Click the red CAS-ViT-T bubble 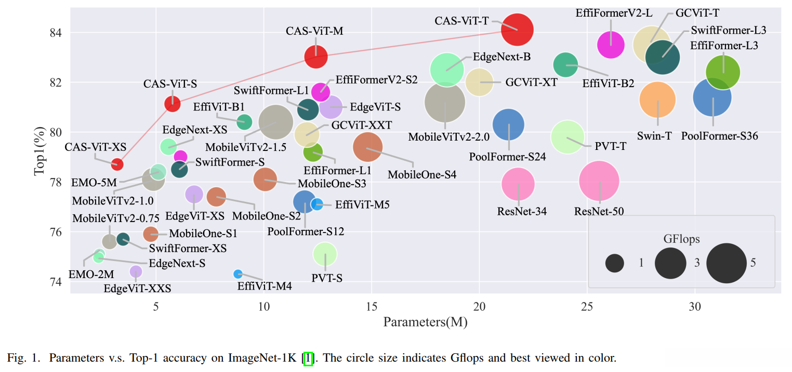click(517, 30)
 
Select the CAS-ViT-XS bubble click(117, 164)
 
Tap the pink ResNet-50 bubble click(599, 181)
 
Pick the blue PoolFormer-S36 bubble click(712, 97)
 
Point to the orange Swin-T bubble click(657, 100)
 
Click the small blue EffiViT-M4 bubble click(238, 273)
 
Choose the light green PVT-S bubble click(325, 254)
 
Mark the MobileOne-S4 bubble click(367, 148)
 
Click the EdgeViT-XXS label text click(137, 288)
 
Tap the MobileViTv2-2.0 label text click(448, 137)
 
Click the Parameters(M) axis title click(425, 322)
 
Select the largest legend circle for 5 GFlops click(726, 263)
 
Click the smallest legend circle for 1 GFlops click(614, 263)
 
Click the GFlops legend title click(681, 239)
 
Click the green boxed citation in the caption click(308, 358)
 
